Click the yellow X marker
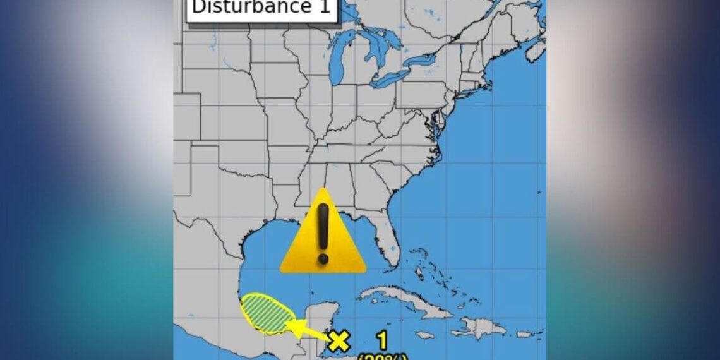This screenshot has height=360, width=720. coord(339,340)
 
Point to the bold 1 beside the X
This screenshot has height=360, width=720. coord(382,340)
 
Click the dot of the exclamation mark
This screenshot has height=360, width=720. coord(323,258)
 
